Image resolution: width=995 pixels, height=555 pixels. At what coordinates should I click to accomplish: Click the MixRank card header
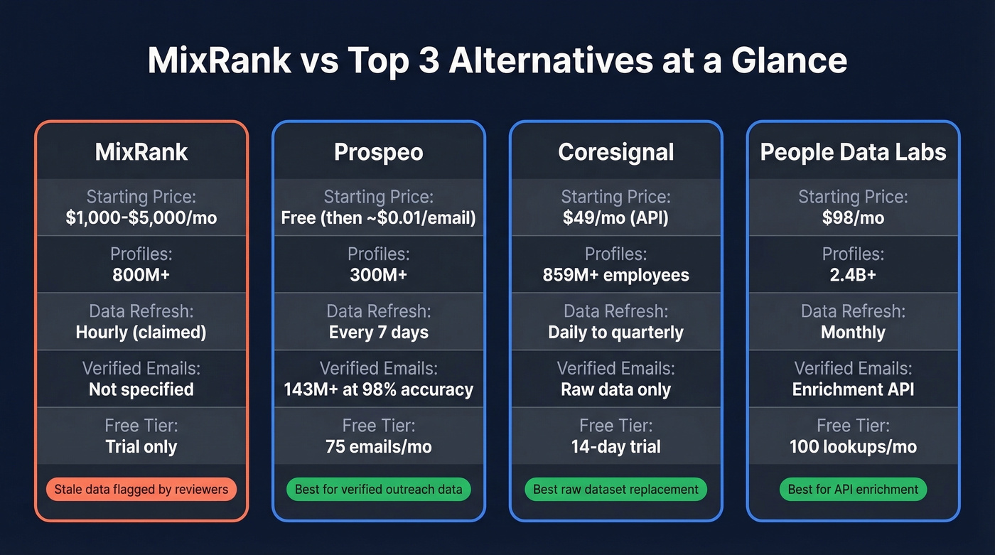coord(141,152)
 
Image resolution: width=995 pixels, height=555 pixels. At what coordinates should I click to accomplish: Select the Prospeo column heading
coord(378,152)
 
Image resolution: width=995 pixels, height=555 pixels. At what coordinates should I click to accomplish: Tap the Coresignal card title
coord(615,152)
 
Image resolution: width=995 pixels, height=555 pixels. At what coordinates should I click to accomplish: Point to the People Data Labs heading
coord(853,152)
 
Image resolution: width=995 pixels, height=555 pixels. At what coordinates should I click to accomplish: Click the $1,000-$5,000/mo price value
coord(141,217)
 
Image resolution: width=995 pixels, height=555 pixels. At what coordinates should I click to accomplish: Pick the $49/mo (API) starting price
coord(615,217)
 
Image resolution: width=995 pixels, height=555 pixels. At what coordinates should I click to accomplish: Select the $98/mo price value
coord(853,217)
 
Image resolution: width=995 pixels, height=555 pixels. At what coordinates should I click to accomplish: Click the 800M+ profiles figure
coord(141,275)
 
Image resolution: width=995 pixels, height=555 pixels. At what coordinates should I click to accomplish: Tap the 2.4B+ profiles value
coord(853,275)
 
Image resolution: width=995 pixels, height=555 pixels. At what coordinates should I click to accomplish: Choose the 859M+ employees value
coord(615,275)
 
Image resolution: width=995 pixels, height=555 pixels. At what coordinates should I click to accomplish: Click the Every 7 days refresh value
coord(378,333)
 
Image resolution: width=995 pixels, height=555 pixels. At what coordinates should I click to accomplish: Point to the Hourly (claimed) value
coord(141,333)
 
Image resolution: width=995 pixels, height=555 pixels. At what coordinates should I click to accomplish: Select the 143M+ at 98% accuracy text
coord(378,389)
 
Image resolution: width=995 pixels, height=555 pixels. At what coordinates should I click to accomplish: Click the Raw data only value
coord(615,389)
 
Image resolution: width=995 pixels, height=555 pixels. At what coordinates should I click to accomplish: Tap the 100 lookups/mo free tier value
coord(853,447)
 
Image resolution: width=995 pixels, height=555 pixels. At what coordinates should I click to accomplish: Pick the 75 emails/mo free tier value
coord(378,447)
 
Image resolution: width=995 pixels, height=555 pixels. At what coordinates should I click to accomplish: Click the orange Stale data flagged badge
coord(141,489)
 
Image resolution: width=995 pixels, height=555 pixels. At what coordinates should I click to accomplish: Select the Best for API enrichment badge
coord(853,489)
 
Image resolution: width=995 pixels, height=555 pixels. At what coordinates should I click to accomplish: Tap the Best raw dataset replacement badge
coord(615,489)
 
